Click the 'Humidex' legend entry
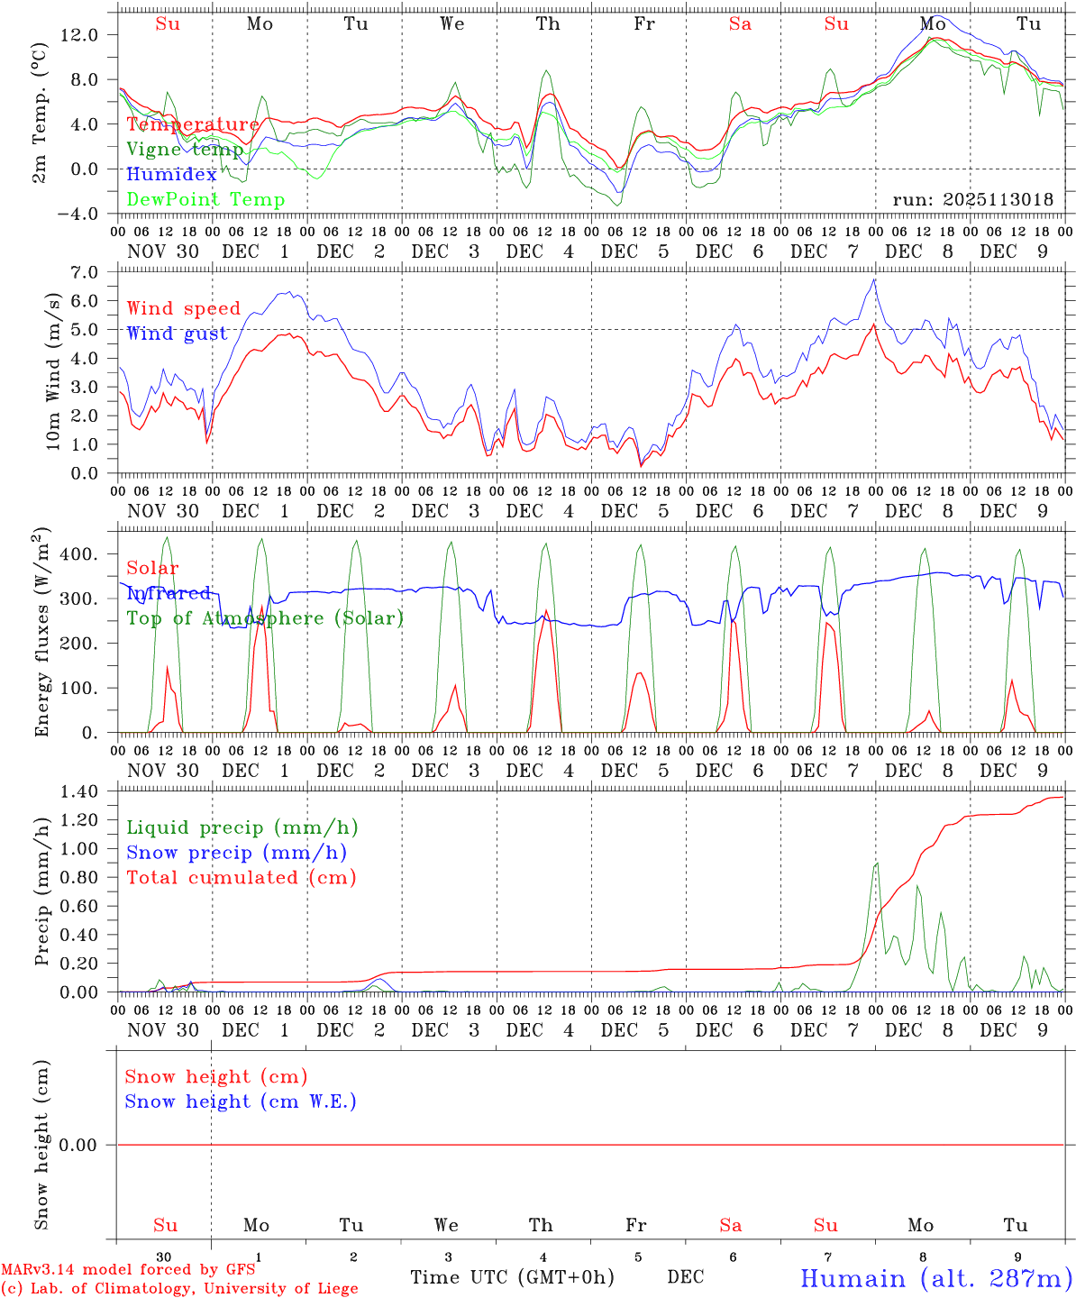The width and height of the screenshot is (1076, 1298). tap(171, 175)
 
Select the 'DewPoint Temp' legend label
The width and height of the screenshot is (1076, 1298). tap(205, 200)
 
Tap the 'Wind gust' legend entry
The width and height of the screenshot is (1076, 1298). tap(177, 334)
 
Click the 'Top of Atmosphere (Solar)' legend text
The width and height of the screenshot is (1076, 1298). tap(264, 618)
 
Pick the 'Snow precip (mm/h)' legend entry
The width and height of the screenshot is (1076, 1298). tap(236, 853)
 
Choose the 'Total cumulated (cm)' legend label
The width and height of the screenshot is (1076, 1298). tap(241, 878)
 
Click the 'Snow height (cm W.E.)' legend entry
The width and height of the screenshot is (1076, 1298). tap(240, 1101)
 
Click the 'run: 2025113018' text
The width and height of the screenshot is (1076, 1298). tap(972, 200)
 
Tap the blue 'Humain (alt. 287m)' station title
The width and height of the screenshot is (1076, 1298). tap(935, 1278)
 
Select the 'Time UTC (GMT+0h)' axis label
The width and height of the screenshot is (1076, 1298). tap(512, 1277)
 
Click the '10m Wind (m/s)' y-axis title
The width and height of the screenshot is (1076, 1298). tap(53, 371)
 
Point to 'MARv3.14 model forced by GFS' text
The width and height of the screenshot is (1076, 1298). tap(128, 1270)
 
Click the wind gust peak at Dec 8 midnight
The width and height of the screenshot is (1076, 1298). tap(874, 279)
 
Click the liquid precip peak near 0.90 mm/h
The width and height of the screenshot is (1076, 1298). tap(877, 863)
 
